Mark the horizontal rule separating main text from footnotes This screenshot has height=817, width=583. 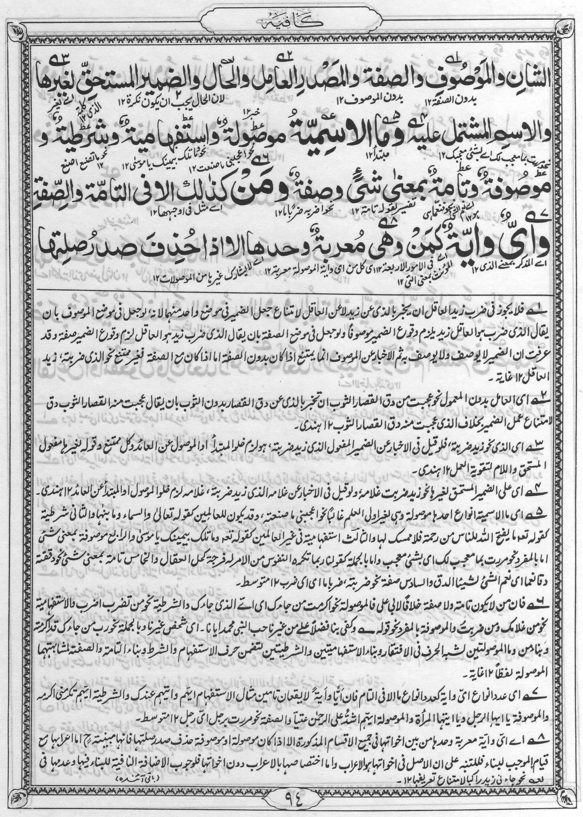pos(292,289)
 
